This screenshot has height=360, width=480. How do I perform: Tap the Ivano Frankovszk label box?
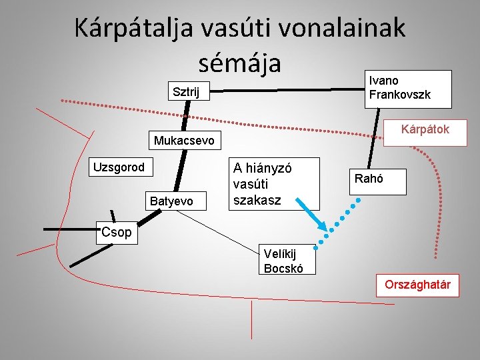pos(409,89)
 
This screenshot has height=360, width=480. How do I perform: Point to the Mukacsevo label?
pos(184,141)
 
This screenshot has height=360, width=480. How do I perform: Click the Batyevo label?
pos(171,201)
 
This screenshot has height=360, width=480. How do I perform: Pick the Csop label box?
pos(117,234)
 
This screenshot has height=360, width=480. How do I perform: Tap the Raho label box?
pos(378,179)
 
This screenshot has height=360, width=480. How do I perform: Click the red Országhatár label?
pos(417,285)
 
